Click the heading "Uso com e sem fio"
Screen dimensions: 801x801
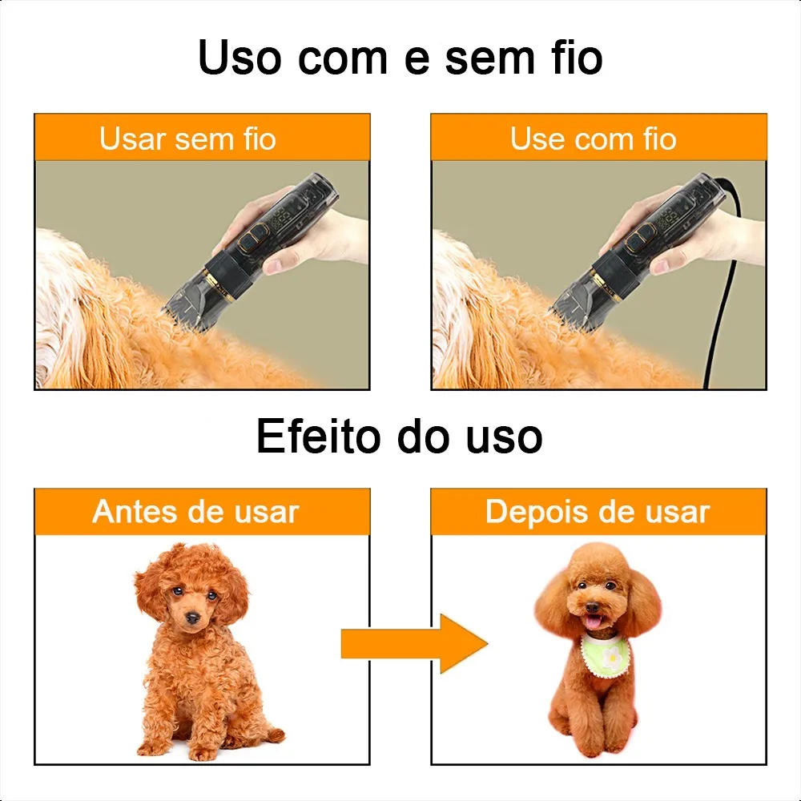coord(400,58)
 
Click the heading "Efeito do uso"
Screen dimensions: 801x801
coord(400,436)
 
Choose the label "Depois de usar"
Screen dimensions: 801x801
coord(598,512)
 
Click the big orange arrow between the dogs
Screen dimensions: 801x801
coord(415,644)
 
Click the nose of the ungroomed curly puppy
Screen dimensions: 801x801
coord(192,618)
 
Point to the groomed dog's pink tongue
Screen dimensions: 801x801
coord(593,622)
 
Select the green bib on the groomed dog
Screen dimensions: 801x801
coord(606,654)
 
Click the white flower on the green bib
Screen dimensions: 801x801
coord(611,658)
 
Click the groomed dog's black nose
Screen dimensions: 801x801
coord(592,607)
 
